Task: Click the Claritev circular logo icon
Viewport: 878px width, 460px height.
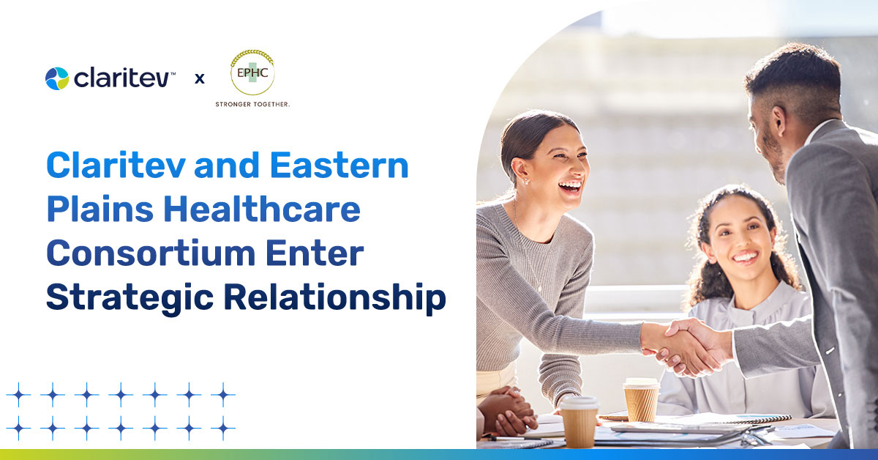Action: click(56, 78)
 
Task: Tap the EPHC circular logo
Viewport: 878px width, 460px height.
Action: click(252, 72)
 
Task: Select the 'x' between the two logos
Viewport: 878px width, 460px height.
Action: click(199, 78)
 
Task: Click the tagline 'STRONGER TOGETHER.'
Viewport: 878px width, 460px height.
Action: click(252, 105)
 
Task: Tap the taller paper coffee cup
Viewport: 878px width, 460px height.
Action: click(640, 399)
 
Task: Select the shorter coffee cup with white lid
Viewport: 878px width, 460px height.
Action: click(579, 420)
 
